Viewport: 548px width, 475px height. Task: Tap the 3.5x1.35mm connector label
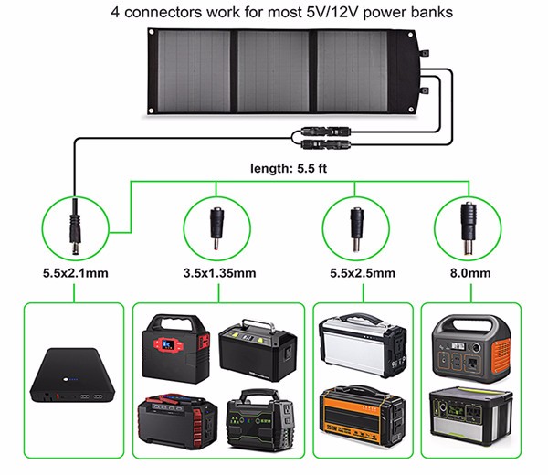[220, 272]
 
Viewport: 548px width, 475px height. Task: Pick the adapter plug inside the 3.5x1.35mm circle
[216, 226]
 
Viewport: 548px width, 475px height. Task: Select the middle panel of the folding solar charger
[276, 71]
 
